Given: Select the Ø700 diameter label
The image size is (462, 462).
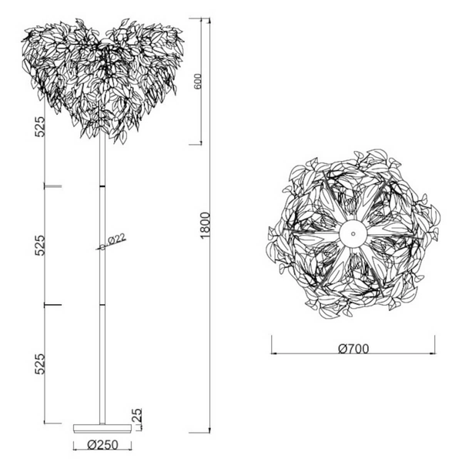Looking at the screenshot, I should click(353, 348).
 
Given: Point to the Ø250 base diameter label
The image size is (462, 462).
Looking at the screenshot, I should click(102, 445).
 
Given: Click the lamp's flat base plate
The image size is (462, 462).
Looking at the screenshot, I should click(102, 427).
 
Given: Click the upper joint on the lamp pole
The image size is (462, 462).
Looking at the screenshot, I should click(102, 186).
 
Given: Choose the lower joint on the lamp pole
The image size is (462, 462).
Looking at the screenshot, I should click(102, 305).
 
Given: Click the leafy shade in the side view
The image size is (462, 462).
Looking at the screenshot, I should click(103, 77).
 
